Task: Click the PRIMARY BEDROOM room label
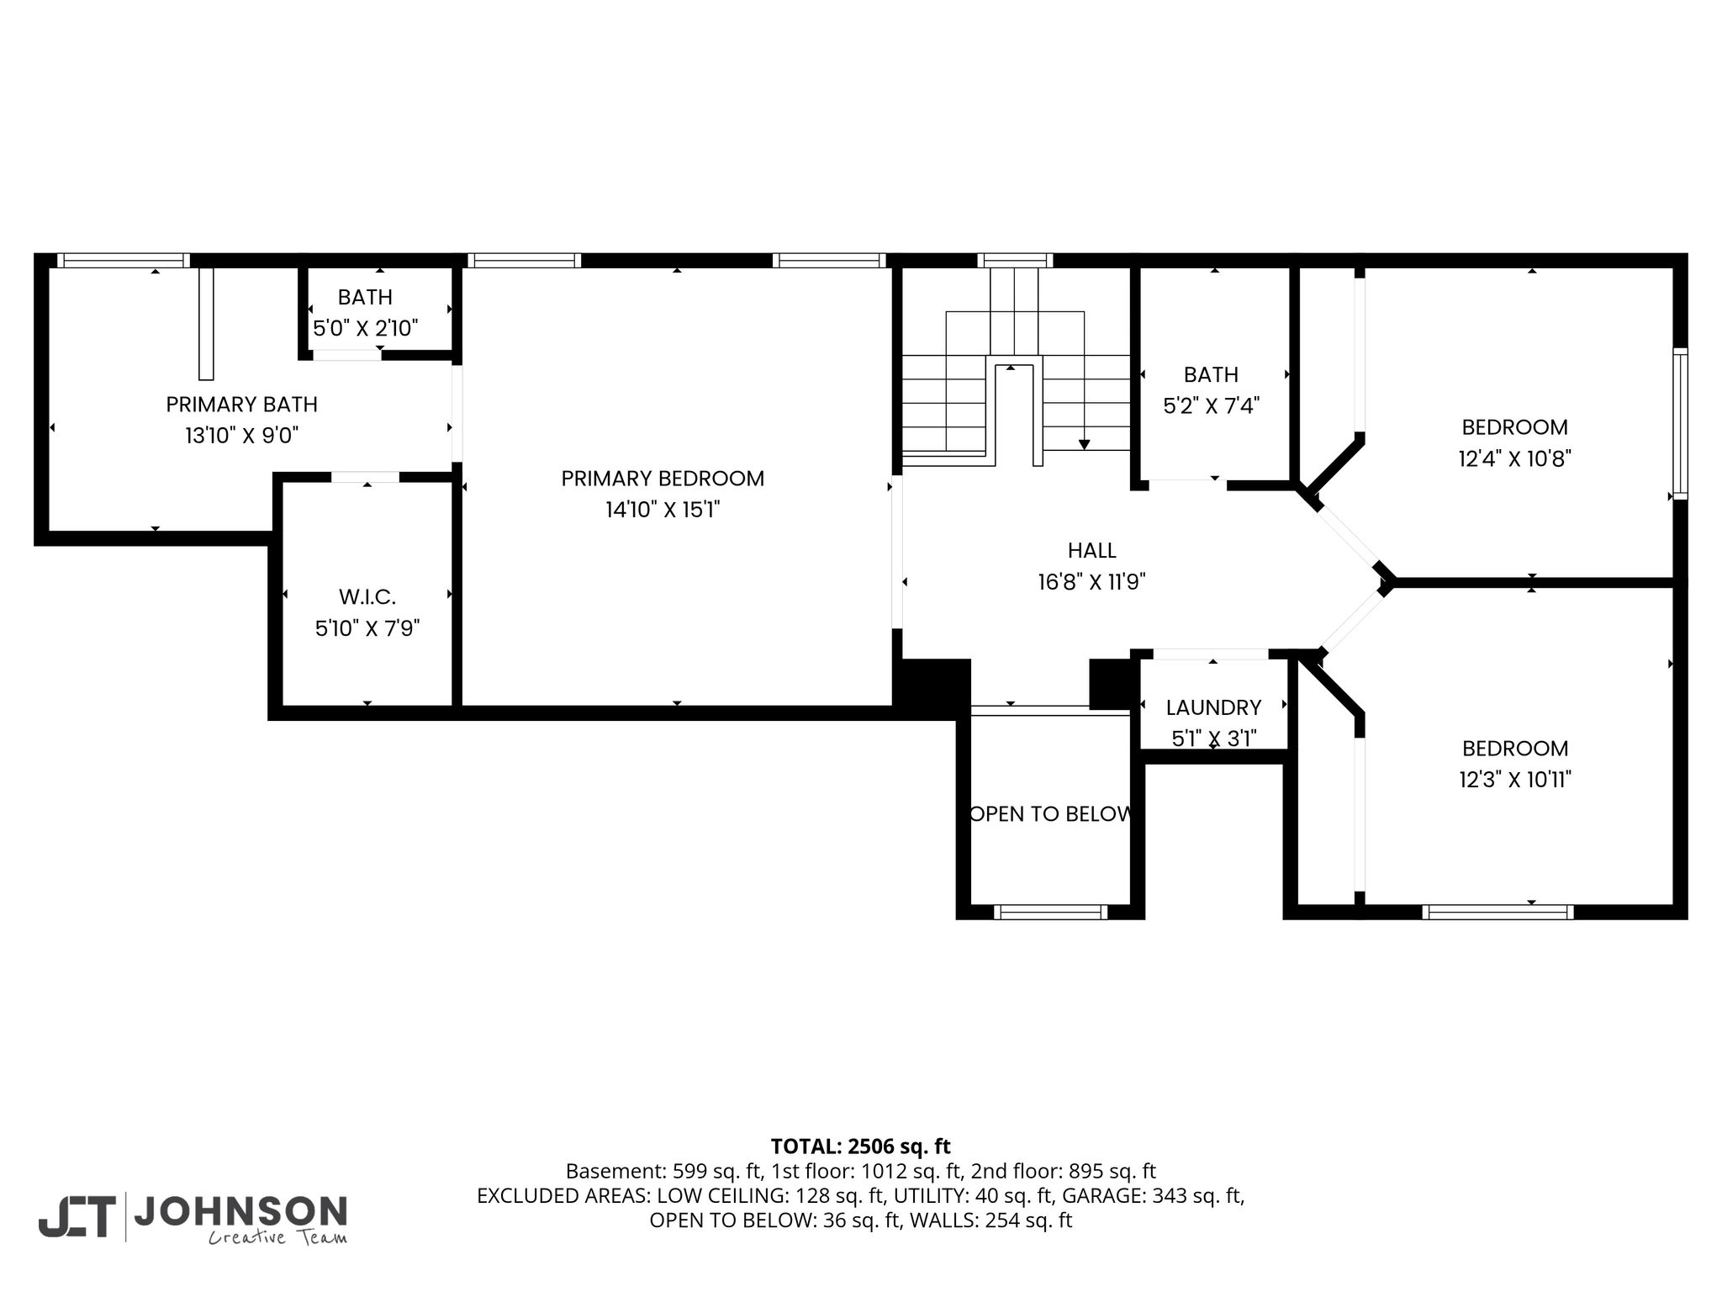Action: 663,479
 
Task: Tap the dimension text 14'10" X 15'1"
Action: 663,510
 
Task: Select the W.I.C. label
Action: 367,597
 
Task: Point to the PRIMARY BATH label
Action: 241,405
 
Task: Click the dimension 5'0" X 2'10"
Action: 366,328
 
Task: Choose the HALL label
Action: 1091,550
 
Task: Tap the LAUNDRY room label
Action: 1213,707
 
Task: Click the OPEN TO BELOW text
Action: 1050,813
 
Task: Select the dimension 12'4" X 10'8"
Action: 1515,458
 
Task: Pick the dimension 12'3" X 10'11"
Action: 1515,780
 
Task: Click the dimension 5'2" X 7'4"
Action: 1211,406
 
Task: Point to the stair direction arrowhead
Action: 1085,444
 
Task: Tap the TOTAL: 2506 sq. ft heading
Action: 860,1146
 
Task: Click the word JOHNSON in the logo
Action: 240,1211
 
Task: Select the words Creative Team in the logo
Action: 277,1237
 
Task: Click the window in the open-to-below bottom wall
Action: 1050,912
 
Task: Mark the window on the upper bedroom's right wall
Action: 1680,424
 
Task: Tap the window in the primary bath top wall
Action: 123,261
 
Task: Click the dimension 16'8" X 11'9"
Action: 1091,582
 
